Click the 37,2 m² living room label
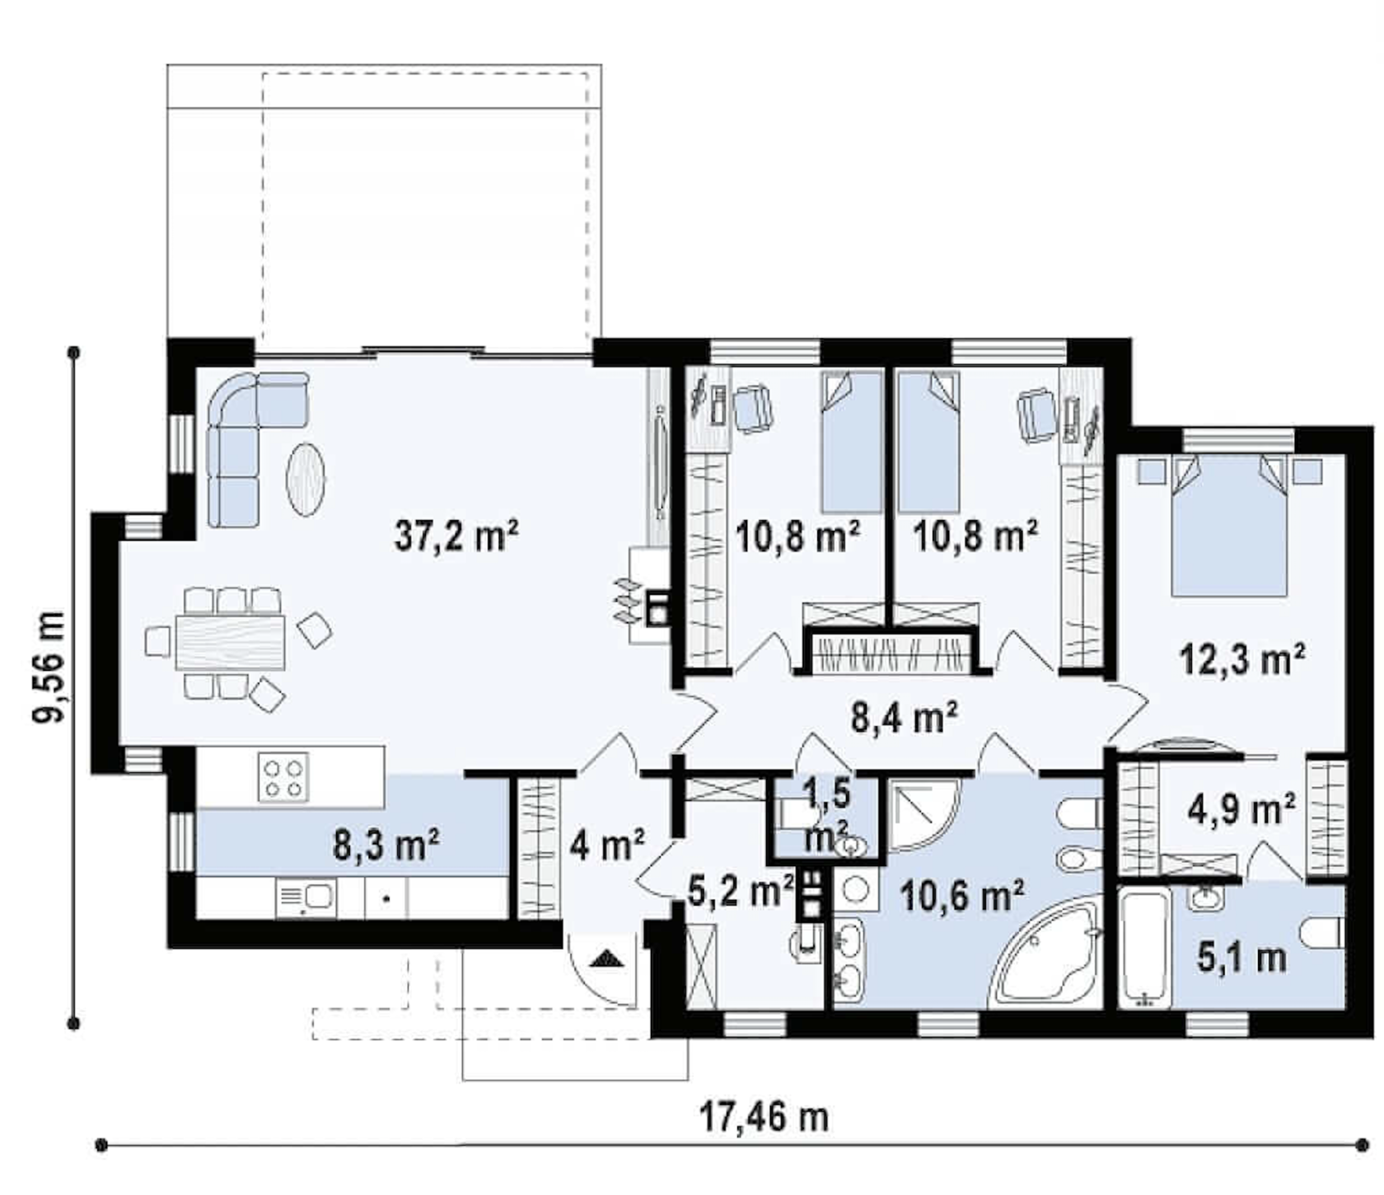[456, 537]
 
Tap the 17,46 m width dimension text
[764, 1118]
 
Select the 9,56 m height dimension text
[49, 668]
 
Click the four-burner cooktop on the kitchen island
[283, 776]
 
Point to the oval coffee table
[305, 480]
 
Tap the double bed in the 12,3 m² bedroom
[1229, 525]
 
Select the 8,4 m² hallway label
[904, 716]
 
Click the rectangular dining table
[231, 642]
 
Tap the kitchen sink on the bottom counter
[306, 897]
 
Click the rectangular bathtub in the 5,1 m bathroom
[1145, 948]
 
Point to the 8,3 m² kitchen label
[386, 845]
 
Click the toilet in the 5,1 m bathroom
[1322, 935]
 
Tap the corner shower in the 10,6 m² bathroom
[923, 812]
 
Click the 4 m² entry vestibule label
[607, 845]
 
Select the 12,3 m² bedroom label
[1242, 659]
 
